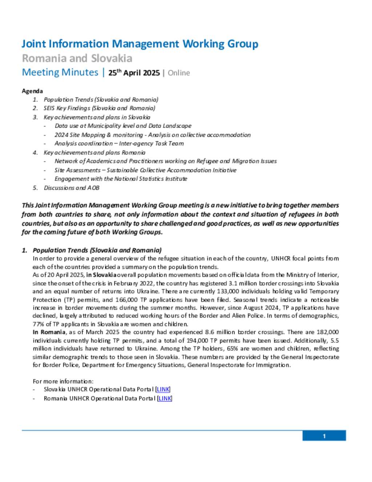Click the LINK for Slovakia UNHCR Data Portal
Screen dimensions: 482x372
coord(163,389)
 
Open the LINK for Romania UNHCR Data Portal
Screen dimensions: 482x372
coord(165,398)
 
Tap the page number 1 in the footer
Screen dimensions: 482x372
coord(324,436)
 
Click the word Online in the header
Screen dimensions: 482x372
coord(179,73)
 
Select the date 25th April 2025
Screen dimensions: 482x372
coord(134,72)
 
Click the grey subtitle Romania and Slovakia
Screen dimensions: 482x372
coord(77,58)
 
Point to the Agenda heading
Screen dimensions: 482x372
coord(32,91)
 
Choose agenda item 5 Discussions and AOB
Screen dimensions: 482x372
coord(71,188)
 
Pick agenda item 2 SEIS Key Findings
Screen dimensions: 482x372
coord(99,108)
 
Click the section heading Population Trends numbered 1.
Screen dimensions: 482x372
coord(97,250)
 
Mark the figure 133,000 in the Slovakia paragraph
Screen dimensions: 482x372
coord(228,291)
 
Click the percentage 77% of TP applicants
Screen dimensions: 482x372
coord(38,324)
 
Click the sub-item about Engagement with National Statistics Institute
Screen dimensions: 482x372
coord(121,179)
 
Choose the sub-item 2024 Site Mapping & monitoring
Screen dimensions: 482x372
coord(152,135)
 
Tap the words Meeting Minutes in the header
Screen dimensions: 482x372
coord(60,72)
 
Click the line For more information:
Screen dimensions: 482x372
coord(63,381)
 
